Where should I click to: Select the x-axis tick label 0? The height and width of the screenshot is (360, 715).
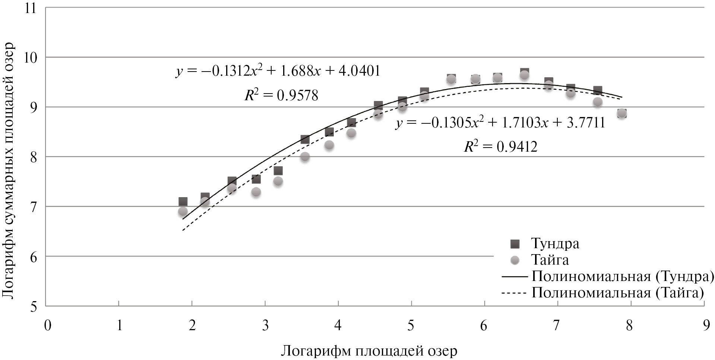47,325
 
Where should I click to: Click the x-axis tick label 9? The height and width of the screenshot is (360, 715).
703,325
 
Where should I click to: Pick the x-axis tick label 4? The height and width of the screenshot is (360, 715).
338,325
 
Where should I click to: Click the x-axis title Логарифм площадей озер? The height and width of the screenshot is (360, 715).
369,351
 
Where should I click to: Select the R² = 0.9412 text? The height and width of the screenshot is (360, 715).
500,147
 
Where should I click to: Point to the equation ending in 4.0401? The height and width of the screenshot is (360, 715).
278,71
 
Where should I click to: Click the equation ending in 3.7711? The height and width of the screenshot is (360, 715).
500,123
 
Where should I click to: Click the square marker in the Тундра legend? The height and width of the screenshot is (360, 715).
515,244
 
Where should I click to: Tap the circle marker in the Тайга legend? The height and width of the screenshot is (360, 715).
515,260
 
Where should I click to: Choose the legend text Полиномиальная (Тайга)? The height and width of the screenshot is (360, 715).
617,293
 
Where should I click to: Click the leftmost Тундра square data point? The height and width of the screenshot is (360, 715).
183,202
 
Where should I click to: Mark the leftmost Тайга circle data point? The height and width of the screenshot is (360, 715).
183,211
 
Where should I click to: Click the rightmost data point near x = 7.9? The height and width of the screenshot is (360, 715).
621,113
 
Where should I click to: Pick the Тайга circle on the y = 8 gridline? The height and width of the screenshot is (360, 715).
305,157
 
